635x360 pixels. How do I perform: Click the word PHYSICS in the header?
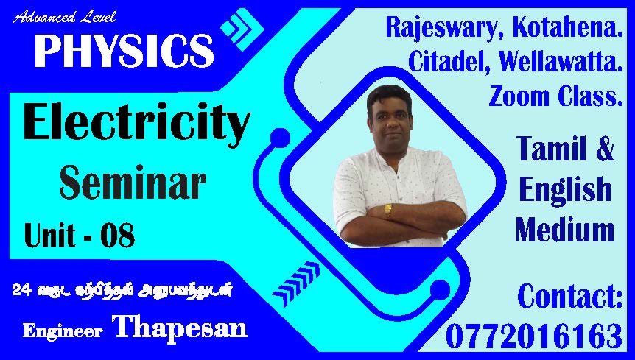point(124,51)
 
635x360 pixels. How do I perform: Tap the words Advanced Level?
point(64,18)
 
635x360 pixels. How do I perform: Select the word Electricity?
point(137,124)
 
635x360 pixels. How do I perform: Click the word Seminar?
point(133,183)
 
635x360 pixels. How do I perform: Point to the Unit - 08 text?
point(80,236)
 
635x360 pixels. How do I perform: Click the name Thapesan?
point(180,327)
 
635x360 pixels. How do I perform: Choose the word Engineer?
point(63,331)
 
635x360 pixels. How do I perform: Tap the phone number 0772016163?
point(534,336)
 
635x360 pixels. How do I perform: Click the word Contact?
point(570,297)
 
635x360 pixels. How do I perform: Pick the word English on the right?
point(565,189)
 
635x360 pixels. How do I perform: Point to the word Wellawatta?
point(561,62)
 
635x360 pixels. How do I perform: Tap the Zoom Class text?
point(555,96)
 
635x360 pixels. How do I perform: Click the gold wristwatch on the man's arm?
point(388,210)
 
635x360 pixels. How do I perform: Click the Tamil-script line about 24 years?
point(122,290)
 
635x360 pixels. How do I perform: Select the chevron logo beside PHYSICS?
point(242,29)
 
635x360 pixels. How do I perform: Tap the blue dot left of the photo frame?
point(280,138)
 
